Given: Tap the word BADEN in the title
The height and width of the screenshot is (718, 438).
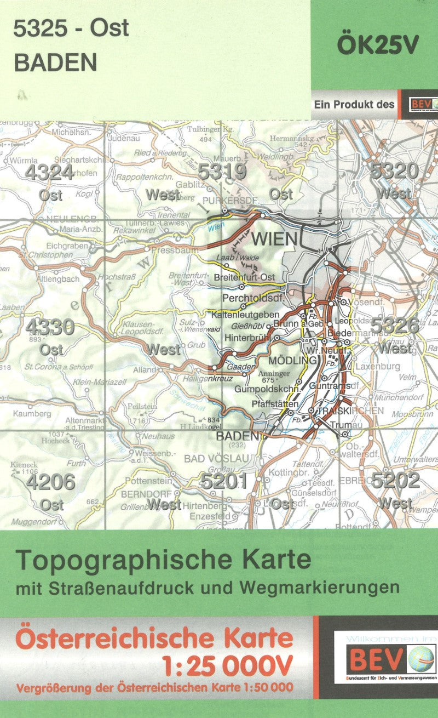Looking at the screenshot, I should [x=55, y=64].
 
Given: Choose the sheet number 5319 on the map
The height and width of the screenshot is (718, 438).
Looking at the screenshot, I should [x=222, y=172].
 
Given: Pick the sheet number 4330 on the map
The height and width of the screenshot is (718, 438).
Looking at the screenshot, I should [x=49, y=327].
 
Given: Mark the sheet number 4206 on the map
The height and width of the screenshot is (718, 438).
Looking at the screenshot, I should [x=50, y=482].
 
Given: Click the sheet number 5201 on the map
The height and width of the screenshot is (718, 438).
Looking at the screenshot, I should [x=223, y=482].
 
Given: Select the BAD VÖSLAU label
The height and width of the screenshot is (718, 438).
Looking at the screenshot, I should [x=216, y=458].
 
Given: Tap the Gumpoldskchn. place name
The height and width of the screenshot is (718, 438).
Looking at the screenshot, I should [x=268, y=389].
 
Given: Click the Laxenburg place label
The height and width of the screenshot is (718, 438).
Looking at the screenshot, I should [x=377, y=366].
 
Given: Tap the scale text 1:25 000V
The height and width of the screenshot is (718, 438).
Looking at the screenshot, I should [x=228, y=666].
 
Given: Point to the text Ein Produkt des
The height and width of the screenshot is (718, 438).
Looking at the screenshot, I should [x=354, y=104].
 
